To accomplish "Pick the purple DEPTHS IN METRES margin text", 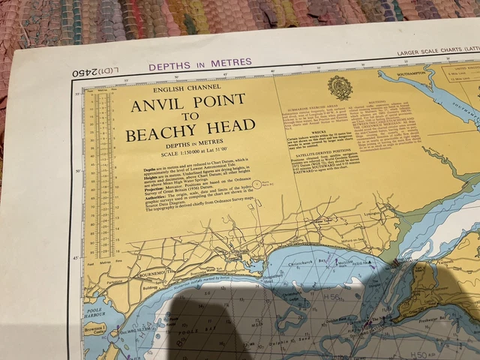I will click(x=200, y=66).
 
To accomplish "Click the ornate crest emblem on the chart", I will click(x=340, y=87).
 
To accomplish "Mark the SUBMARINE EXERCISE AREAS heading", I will click(x=310, y=109).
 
